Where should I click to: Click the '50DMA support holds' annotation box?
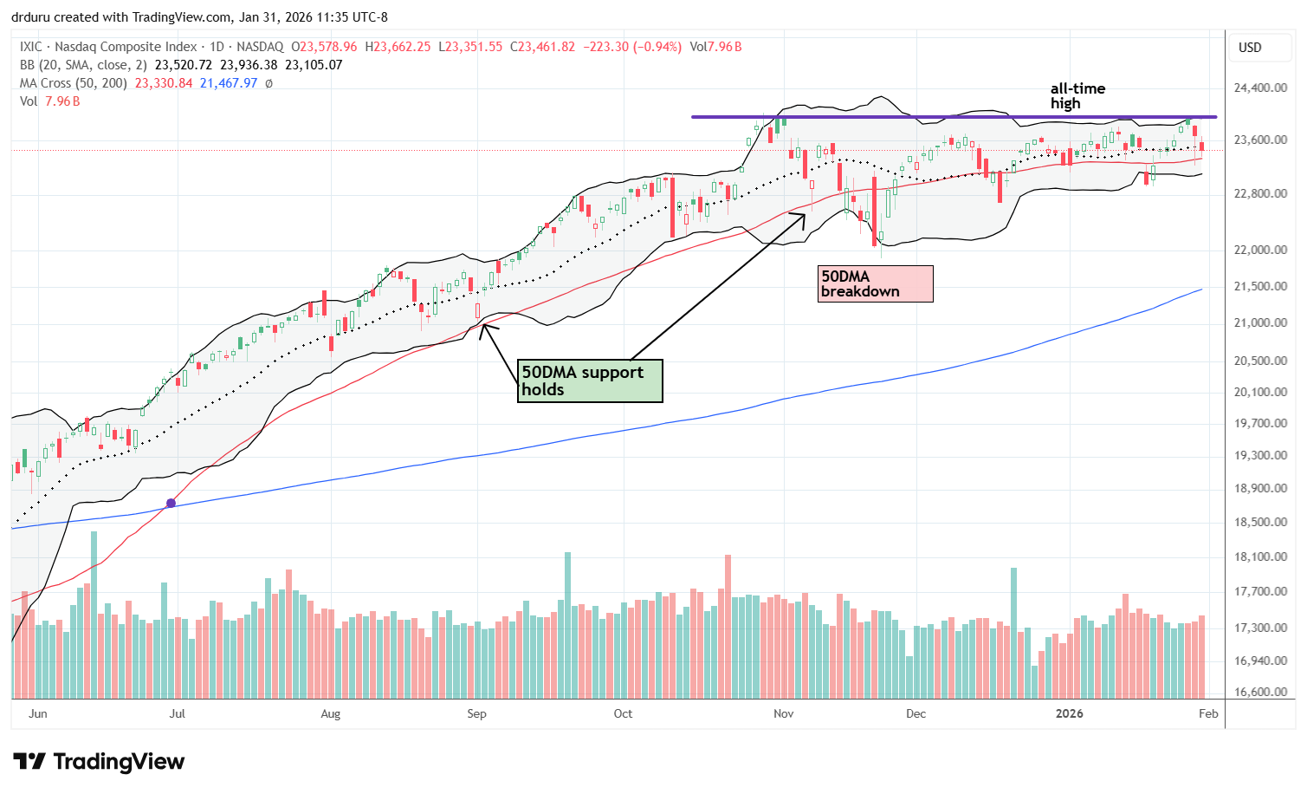590,381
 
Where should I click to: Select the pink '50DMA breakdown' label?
876,283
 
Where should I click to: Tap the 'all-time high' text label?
1077,95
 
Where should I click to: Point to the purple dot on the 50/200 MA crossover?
171,503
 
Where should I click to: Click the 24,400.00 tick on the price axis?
1260,88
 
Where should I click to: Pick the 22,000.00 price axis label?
1260,250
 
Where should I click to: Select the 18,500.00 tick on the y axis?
1260,522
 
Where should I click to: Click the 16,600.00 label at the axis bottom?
1260,692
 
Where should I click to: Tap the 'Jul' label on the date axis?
177,713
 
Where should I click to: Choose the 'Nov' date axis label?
783,713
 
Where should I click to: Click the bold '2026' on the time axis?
1069,713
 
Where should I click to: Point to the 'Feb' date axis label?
1208,713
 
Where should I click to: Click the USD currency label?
1250,47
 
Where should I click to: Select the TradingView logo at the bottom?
100,762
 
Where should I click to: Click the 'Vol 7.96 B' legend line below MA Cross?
50,101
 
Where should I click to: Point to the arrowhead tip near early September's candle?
482,324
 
